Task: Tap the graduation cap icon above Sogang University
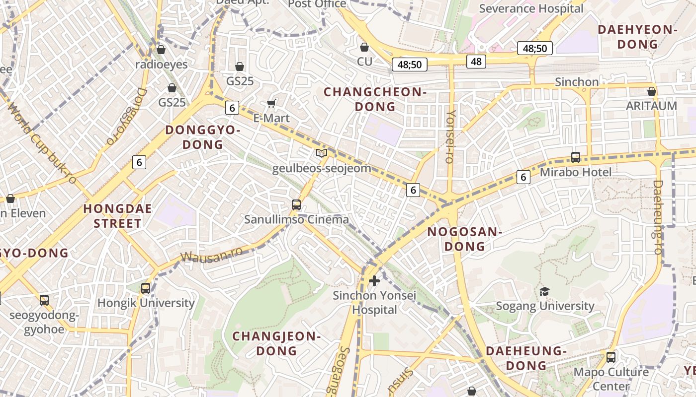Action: (x=545, y=291)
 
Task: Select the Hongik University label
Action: (x=146, y=303)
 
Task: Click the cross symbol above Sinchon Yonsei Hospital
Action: (x=374, y=281)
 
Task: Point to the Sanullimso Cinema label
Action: (x=296, y=219)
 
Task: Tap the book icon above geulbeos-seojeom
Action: (x=322, y=153)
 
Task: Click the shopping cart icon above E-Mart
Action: (x=271, y=103)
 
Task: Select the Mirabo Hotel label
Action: (x=576, y=172)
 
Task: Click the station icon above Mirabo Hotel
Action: (x=576, y=157)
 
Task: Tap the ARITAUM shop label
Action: (x=651, y=106)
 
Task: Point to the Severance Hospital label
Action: (x=531, y=8)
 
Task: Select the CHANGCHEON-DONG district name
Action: (x=375, y=99)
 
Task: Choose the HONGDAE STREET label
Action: (x=117, y=216)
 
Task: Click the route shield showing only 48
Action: (x=476, y=62)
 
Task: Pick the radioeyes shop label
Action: (x=162, y=65)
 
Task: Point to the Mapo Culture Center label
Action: (x=611, y=379)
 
